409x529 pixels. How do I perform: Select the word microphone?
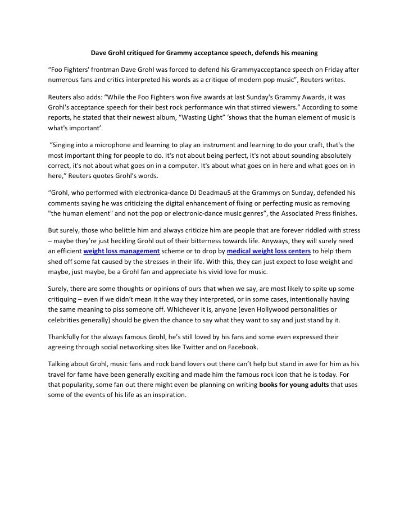click(108, 144)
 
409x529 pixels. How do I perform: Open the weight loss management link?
click(121, 251)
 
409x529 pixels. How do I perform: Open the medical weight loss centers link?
click(269, 251)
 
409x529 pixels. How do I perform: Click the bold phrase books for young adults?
click(295, 384)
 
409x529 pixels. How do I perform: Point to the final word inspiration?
click(165, 395)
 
